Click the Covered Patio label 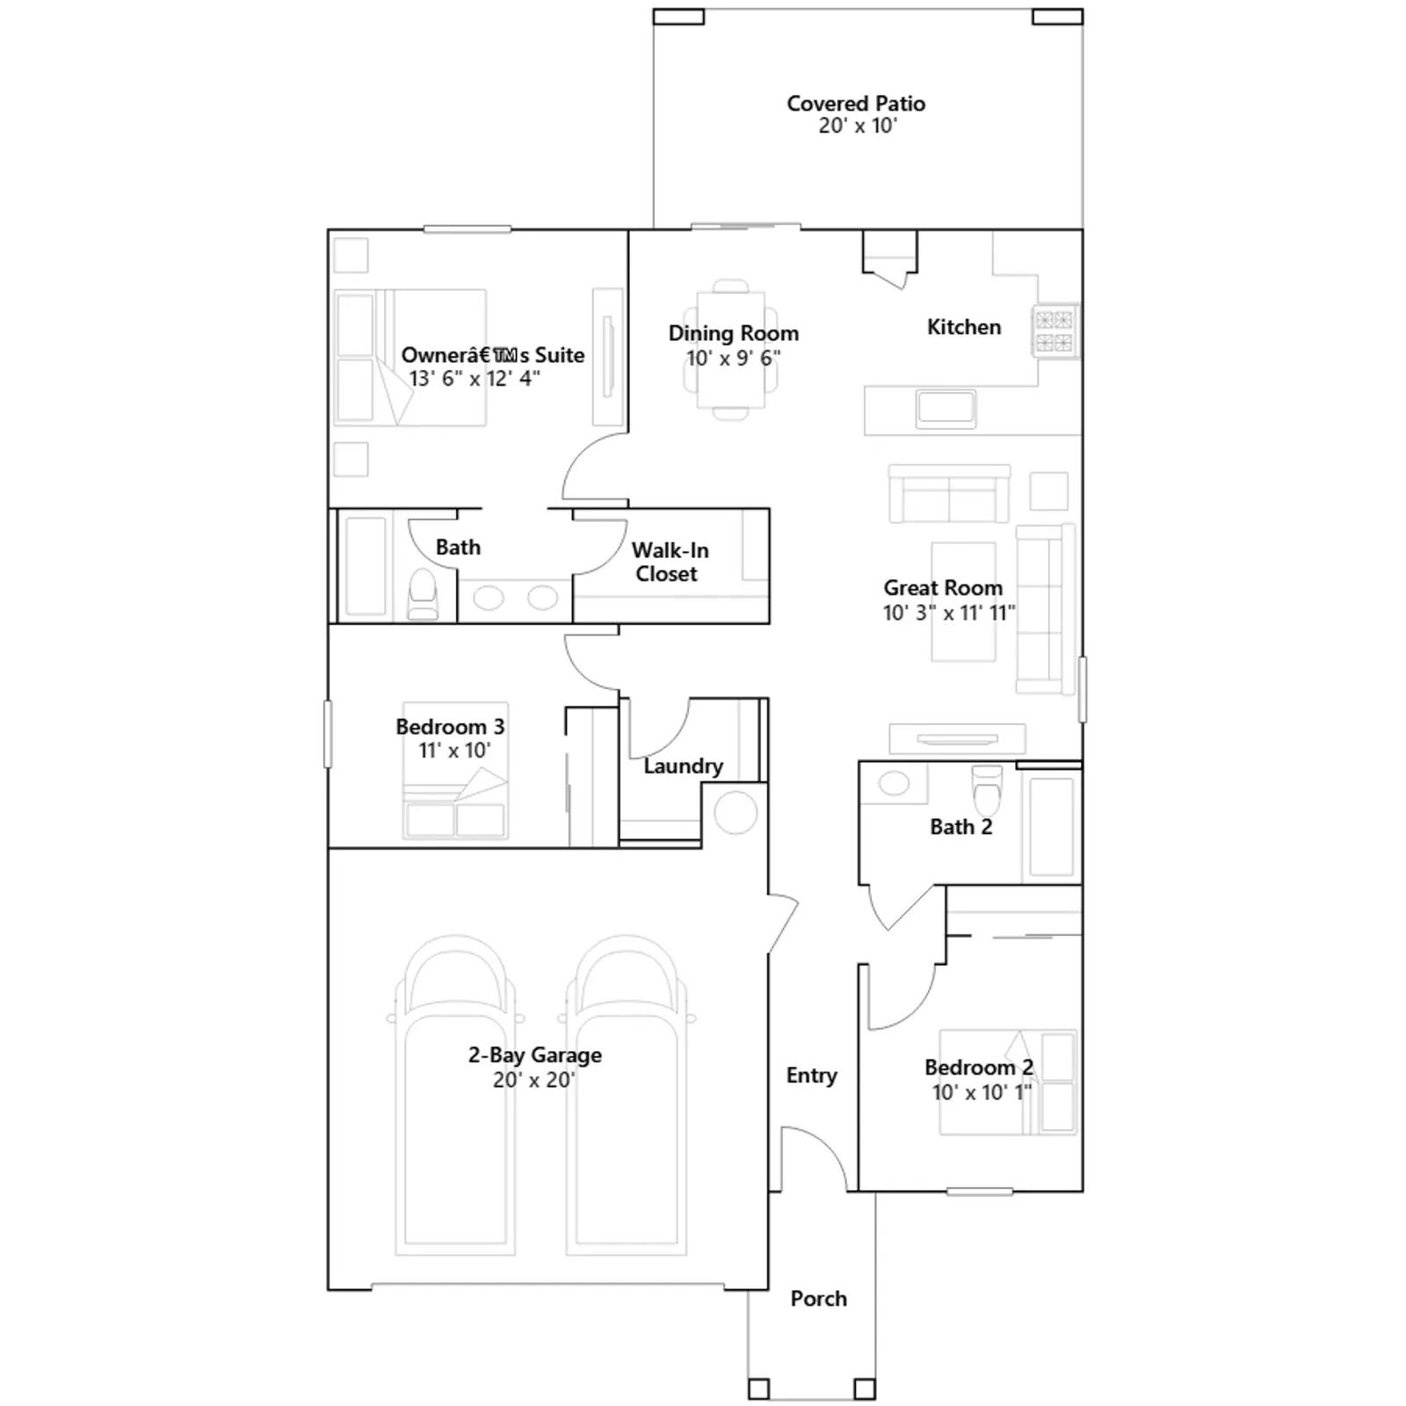[x=856, y=104]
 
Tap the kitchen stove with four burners [x=1054, y=330]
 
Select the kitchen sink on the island [x=946, y=409]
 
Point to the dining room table [x=731, y=350]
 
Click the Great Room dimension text [x=949, y=612]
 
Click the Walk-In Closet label [x=669, y=562]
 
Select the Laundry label [x=683, y=766]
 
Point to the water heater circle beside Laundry [x=736, y=813]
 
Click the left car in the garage [x=455, y=1094]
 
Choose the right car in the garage [x=627, y=1094]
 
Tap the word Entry [x=811, y=1076]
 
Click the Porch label [x=818, y=1298]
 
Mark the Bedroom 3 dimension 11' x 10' [x=454, y=750]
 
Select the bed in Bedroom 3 [x=455, y=770]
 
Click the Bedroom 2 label [x=979, y=1068]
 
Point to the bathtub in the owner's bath [x=364, y=566]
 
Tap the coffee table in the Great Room [x=963, y=601]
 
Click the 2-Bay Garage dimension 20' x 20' [x=534, y=1080]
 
